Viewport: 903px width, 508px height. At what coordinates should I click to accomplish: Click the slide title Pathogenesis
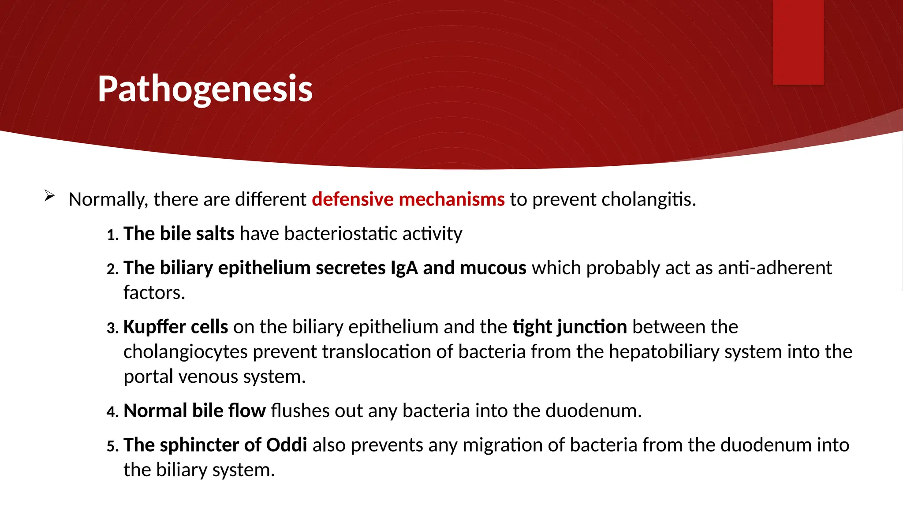pyautogui.click(x=205, y=89)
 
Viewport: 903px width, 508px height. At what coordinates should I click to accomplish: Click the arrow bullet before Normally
pyautogui.click(x=49, y=196)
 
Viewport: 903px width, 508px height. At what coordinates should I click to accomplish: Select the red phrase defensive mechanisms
pyautogui.click(x=408, y=199)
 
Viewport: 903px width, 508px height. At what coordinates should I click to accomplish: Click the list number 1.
pyautogui.click(x=112, y=235)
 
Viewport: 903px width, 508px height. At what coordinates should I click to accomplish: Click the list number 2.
pyautogui.click(x=112, y=269)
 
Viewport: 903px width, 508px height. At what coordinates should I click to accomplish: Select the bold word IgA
pyautogui.click(x=404, y=268)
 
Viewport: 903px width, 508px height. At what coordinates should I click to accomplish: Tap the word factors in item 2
pyautogui.click(x=153, y=293)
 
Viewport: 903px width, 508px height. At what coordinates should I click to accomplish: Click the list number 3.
pyautogui.click(x=112, y=328)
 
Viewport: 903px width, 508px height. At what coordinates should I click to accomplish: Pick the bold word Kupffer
pyautogui.click(x=154, y=327)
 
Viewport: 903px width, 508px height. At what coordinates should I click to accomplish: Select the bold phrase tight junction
pyautogui.click(x=569, y=327)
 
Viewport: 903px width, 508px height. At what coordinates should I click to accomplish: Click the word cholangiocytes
pyautogui.click(x=185, y=352)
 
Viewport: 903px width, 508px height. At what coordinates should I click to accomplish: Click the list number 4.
pyautogui.click(x=112, y=412)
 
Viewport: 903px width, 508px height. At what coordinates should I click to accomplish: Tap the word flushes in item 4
pyautogui.click(x=300, y=411)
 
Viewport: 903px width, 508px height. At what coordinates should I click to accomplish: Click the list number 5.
pyautogui.click(x=112, y=446)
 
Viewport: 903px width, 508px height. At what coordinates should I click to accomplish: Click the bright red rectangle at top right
pyautogui.click(x=798, y=42)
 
